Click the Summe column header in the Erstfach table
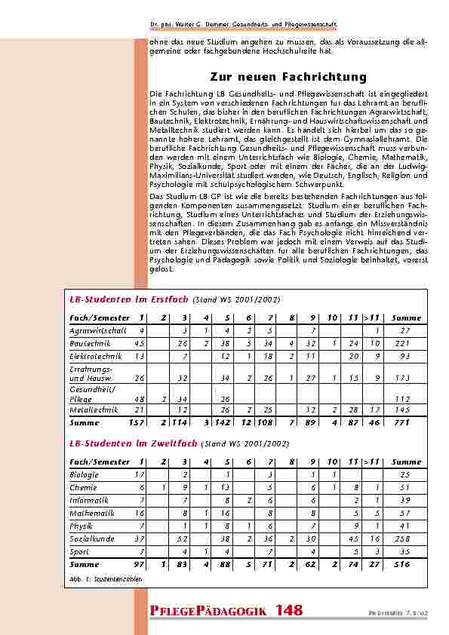coord(407,317)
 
